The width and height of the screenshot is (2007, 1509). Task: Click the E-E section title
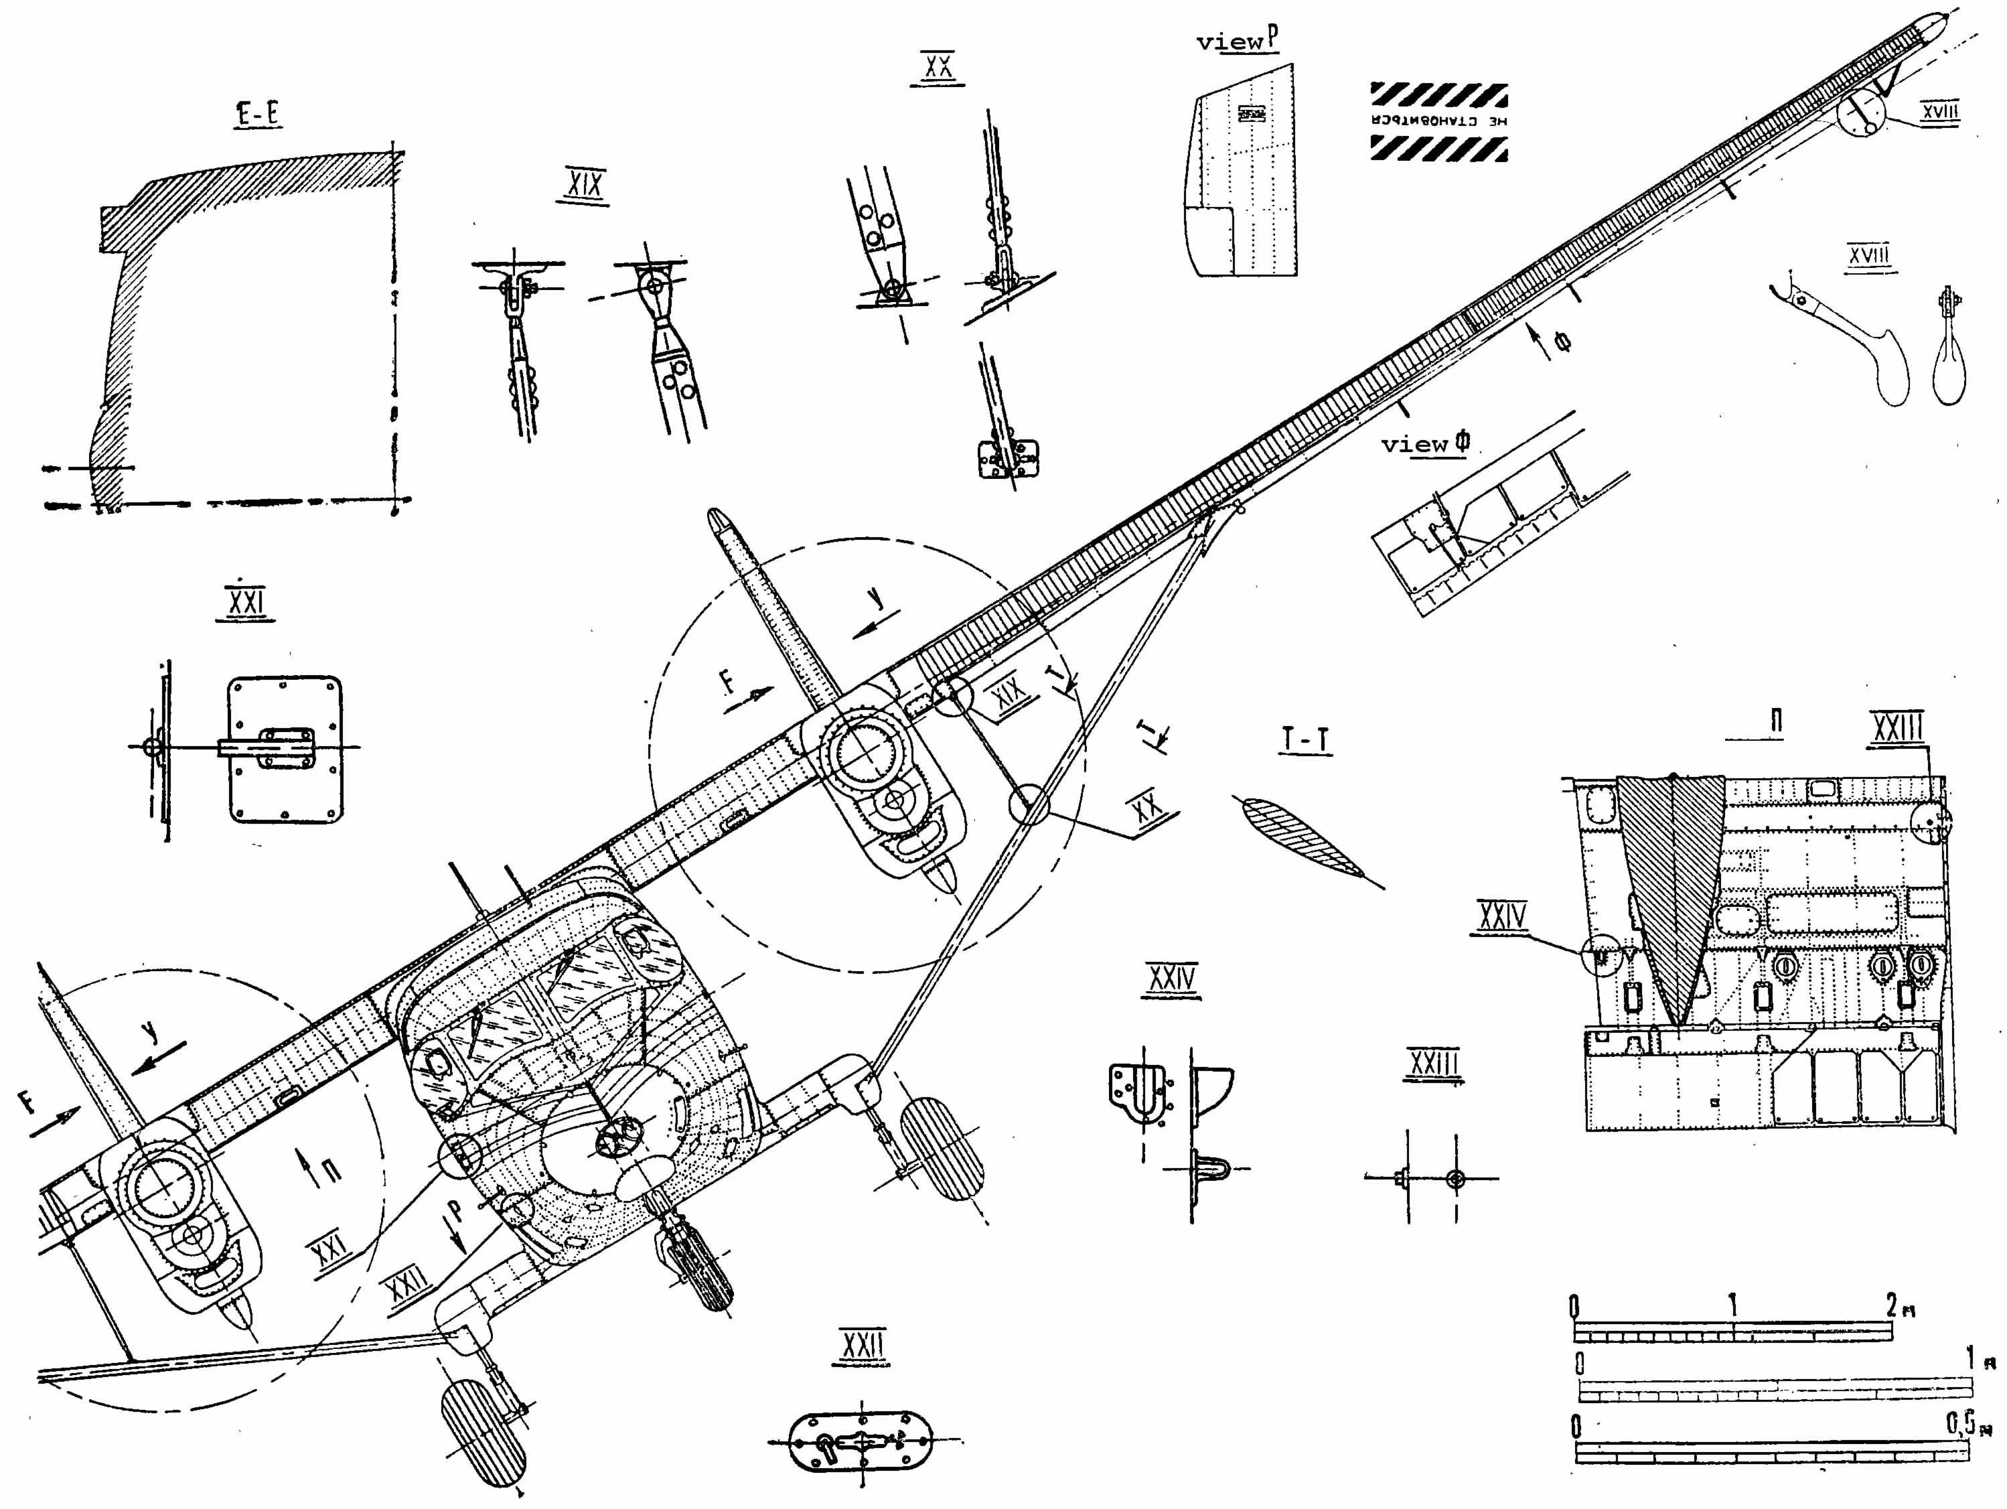pos(258,115)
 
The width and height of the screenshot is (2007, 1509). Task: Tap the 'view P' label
pos(1238,40)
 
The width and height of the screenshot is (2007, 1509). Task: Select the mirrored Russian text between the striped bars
pos(1439,121)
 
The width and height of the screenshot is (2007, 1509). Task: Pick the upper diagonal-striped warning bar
pos(1439,94)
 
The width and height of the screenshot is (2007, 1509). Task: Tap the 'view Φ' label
pos(1424,443)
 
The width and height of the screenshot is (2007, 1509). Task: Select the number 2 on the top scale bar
pos(1892,1306)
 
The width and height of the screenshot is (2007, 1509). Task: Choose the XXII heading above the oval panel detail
pos(861,1345)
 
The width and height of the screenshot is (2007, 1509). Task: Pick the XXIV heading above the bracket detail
pos(1171,979)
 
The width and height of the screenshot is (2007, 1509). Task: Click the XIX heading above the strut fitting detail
pos(583,185)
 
